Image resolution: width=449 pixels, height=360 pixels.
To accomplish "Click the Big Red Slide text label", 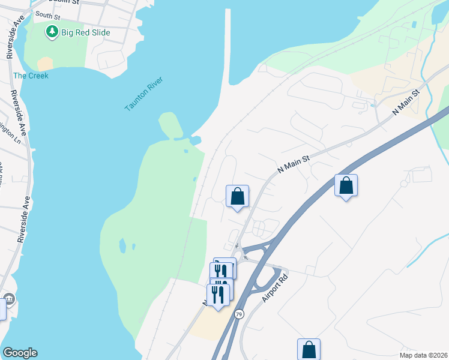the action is [x=86, y=32].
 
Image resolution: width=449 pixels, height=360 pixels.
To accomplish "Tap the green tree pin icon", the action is [x=52, y=32].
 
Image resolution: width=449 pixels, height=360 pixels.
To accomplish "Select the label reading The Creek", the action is [x=31, y=76].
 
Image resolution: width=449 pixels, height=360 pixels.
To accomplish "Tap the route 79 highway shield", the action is [x=239, y=314].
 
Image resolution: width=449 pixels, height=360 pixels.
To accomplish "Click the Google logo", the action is [x=20, y=353].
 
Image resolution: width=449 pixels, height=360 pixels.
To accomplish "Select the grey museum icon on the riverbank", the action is [x=9, y=299].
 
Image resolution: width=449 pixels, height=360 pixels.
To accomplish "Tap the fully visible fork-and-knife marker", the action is [x=217, y=294].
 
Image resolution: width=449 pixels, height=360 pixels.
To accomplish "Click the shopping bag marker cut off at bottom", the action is [x=309, y=349].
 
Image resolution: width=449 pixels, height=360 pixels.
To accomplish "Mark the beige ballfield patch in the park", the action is [x=45, y=64].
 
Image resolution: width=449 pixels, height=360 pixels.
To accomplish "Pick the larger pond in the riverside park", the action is [x=122, y=245].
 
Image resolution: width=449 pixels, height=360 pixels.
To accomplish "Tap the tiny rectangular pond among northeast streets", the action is [x=414, y=25].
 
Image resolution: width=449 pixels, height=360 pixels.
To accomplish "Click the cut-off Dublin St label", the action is [x=66, y=2].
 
